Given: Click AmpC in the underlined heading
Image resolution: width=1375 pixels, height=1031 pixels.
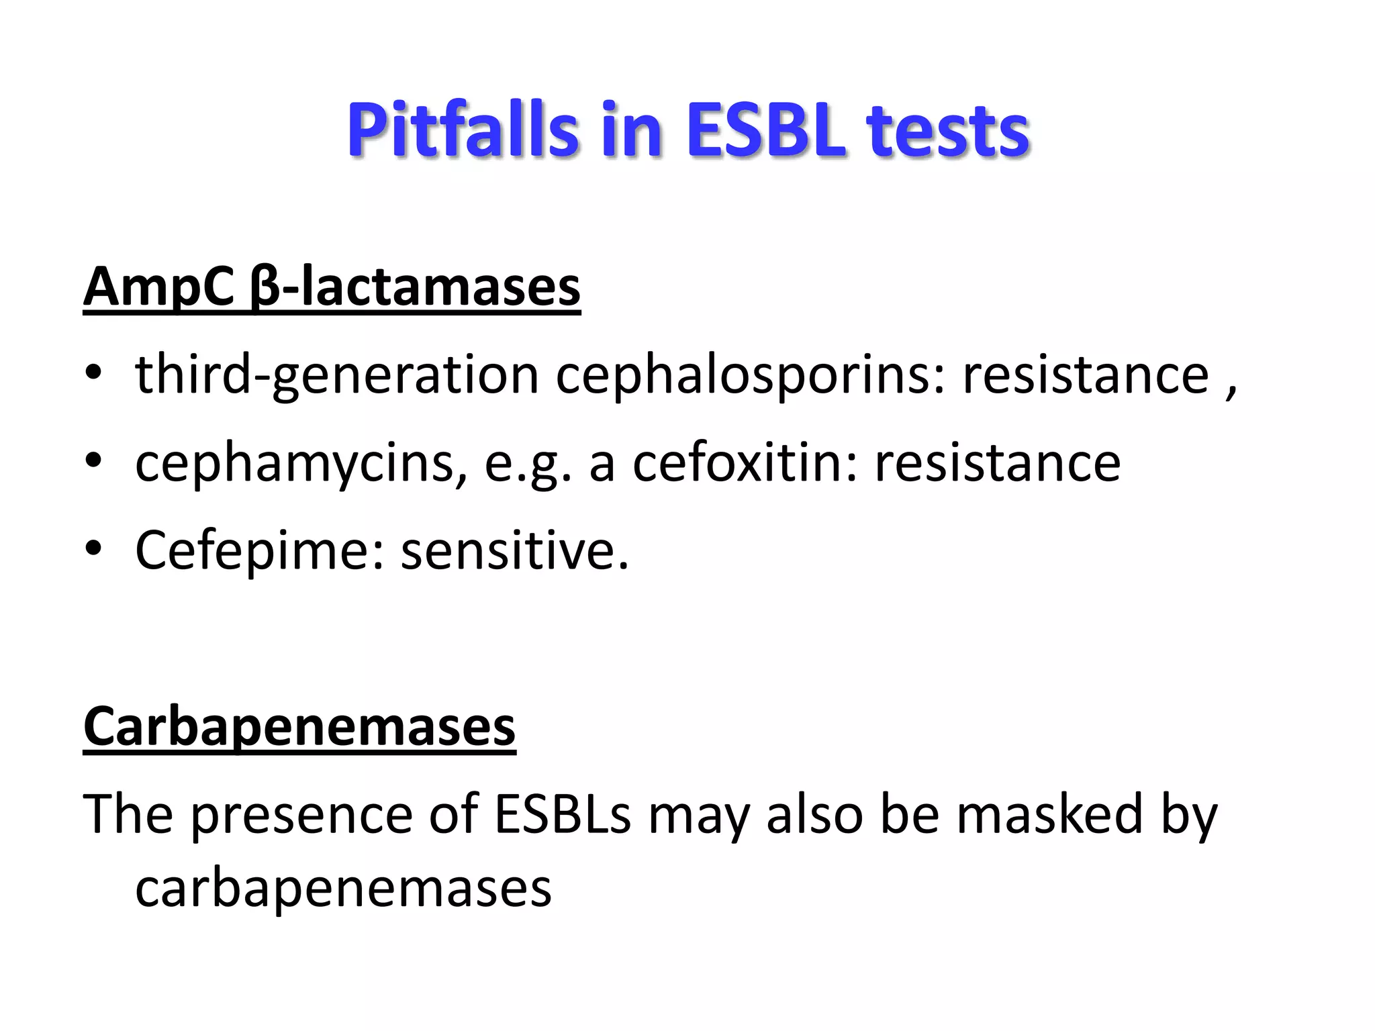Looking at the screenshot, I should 158,287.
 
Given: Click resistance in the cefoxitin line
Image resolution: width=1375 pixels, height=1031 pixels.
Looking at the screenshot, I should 998,462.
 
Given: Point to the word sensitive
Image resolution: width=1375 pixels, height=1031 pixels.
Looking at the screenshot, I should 514,550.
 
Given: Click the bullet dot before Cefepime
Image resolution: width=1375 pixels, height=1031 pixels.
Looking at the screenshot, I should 94,548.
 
